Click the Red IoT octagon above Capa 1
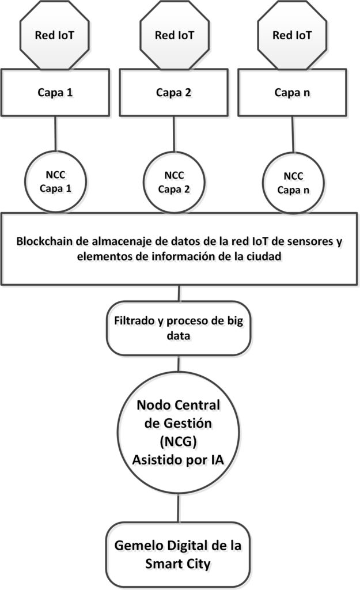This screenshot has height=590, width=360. tap(55, 35)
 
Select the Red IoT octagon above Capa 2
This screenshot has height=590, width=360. tap(175, 35)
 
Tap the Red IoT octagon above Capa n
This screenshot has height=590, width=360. tap(292, 35)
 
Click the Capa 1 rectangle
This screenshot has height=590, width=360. tap(55, 93)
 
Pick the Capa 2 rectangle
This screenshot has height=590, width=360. tap(174, 93)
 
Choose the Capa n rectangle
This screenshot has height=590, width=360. tap(292, 93)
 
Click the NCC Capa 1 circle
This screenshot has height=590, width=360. tap(55, 181)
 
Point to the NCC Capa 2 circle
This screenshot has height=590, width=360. tap(174, 182)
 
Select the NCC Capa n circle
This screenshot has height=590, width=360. tap(293, 183)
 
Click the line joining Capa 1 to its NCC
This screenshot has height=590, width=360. tap(55, 134)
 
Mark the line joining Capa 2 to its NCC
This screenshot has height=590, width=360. tap(174, 134)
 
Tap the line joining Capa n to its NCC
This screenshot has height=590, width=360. tap(293, 134)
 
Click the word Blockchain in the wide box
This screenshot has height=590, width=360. tap(44, 241)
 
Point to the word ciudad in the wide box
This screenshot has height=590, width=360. tap(264, 256)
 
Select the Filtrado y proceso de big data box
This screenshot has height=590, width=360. tap(179, 328)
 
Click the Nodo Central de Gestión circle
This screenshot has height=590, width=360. tap(179, 432)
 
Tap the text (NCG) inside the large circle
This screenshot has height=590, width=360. tap(178, 441)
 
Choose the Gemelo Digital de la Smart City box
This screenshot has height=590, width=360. tap(178, 554)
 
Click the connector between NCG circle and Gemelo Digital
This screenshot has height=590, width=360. tap(179, 508)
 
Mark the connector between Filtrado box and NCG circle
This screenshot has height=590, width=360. tap(179, 364)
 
